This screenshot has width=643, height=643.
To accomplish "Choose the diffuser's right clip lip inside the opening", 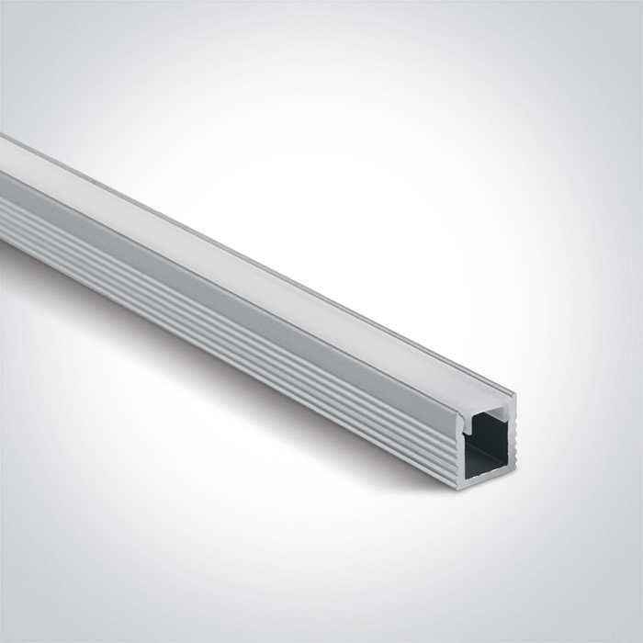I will coord(502,412).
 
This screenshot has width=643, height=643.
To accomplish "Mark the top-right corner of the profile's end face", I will coord(515,395).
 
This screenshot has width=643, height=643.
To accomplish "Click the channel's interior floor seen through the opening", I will coord(486,459).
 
